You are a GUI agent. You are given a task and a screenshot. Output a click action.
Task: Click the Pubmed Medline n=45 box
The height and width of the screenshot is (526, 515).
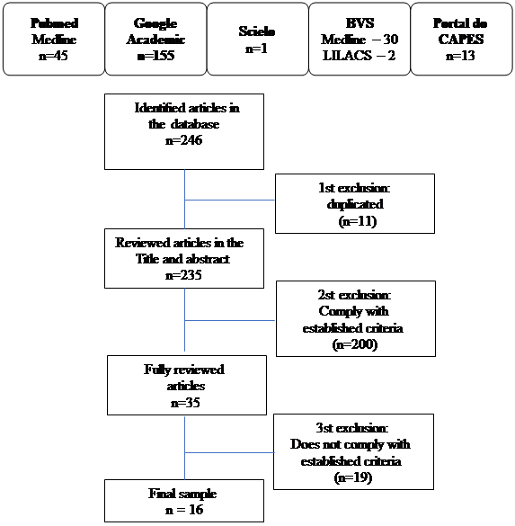(54, 39)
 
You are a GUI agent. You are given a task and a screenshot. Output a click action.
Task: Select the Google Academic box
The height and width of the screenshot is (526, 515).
(155, 39)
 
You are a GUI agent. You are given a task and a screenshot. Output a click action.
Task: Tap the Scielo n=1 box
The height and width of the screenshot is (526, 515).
(257, 39)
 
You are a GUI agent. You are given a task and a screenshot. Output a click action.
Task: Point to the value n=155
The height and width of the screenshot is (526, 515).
(155, 56)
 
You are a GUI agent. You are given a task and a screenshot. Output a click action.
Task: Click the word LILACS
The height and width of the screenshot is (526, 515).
(347, 56)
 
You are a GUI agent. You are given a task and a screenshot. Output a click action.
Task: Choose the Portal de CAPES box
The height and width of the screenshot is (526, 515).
(461, 39)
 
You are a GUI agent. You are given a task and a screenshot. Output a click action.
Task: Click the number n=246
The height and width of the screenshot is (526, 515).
(183, 140)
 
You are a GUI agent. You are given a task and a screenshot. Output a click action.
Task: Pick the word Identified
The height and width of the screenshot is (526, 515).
(160, 108)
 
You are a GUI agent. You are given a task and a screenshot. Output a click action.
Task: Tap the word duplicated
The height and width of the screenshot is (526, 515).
(355, 205)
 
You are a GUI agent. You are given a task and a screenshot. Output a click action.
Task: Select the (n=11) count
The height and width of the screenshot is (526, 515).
(358, 221)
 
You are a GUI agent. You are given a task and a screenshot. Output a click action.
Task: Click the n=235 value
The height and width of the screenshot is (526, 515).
(183, 275)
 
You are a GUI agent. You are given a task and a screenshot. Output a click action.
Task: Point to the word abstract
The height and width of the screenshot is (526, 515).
(208, 259)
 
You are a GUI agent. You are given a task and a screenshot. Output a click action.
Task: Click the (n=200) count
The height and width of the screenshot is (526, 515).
(355, 344)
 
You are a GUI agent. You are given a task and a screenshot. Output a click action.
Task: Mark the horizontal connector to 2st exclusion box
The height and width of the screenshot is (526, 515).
(230, 320)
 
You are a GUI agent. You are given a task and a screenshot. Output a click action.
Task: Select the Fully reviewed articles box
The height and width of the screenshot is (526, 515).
(187, 385)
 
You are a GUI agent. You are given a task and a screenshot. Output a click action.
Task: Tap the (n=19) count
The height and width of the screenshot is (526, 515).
(353, 477)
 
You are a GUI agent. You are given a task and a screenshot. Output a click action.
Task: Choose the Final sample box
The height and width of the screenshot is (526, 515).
(184, 501)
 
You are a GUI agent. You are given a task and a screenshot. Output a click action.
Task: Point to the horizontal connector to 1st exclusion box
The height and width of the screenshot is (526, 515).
(230, 200)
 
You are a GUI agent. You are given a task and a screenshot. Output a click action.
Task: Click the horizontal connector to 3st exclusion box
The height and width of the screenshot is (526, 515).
(230, 452)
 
